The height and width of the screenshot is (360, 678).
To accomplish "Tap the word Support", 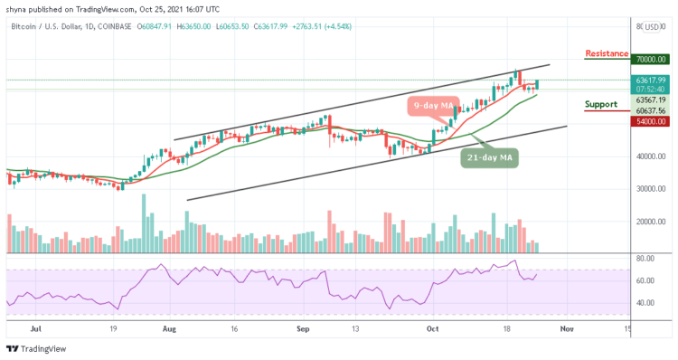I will pos(600,104).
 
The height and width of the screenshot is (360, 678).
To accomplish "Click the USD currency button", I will pos(651,27).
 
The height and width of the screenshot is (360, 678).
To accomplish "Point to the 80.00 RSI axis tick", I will pos(645,259).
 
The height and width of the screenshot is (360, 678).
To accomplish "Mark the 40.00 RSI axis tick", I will pos(645,302).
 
